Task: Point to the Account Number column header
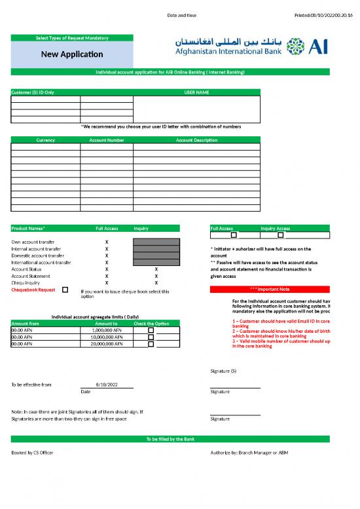coord(107,140)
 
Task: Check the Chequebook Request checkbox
coord(65,290)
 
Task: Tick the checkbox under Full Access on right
coord(234,235)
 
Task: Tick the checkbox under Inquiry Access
coord(281,235)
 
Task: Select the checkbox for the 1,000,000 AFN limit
coord(151,330)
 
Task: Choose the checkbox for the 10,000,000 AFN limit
coord(151,337)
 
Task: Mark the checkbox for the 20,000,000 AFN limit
coord(151,345)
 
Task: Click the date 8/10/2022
coord(105,385)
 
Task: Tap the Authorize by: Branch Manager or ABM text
coord(249,453)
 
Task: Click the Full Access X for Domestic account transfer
coord(107,255)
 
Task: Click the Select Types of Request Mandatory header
coord(72,38)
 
